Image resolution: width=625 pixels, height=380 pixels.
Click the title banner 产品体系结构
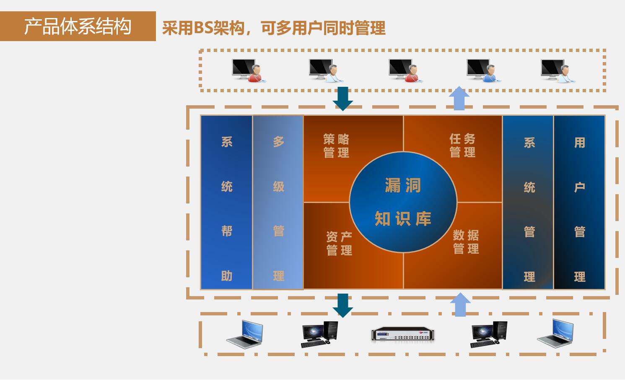[x=78, y=26]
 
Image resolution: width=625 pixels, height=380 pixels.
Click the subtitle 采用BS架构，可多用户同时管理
[x=273, y=28]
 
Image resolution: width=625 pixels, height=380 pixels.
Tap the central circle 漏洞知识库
[x=403, y=202]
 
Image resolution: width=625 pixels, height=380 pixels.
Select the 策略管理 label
[x=336, y=146]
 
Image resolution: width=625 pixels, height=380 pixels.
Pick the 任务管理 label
[x=462, y=145]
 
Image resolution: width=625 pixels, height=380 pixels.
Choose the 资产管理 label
[x=339, y=244]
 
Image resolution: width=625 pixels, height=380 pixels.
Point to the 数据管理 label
[x=466, y=242]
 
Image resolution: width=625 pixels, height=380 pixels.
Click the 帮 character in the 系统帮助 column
[x=227, y=231]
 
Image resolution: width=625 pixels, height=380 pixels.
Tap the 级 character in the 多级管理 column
[x=279, y=186]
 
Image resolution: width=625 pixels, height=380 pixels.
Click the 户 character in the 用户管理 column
[x=579, y=187]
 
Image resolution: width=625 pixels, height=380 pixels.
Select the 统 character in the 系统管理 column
[x=529, y=187]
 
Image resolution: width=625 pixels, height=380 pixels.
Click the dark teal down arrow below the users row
[x=343, y=99]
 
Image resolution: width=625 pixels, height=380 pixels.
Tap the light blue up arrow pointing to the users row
[x=459, y=98]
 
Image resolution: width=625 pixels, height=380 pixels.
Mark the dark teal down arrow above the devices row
[x=343, y=305]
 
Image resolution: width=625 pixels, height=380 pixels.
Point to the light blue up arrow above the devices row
[x=460, y=305]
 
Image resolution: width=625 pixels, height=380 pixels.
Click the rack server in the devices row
[x=403, y=334]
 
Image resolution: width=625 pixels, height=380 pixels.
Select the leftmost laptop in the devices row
[x=245, y=334]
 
